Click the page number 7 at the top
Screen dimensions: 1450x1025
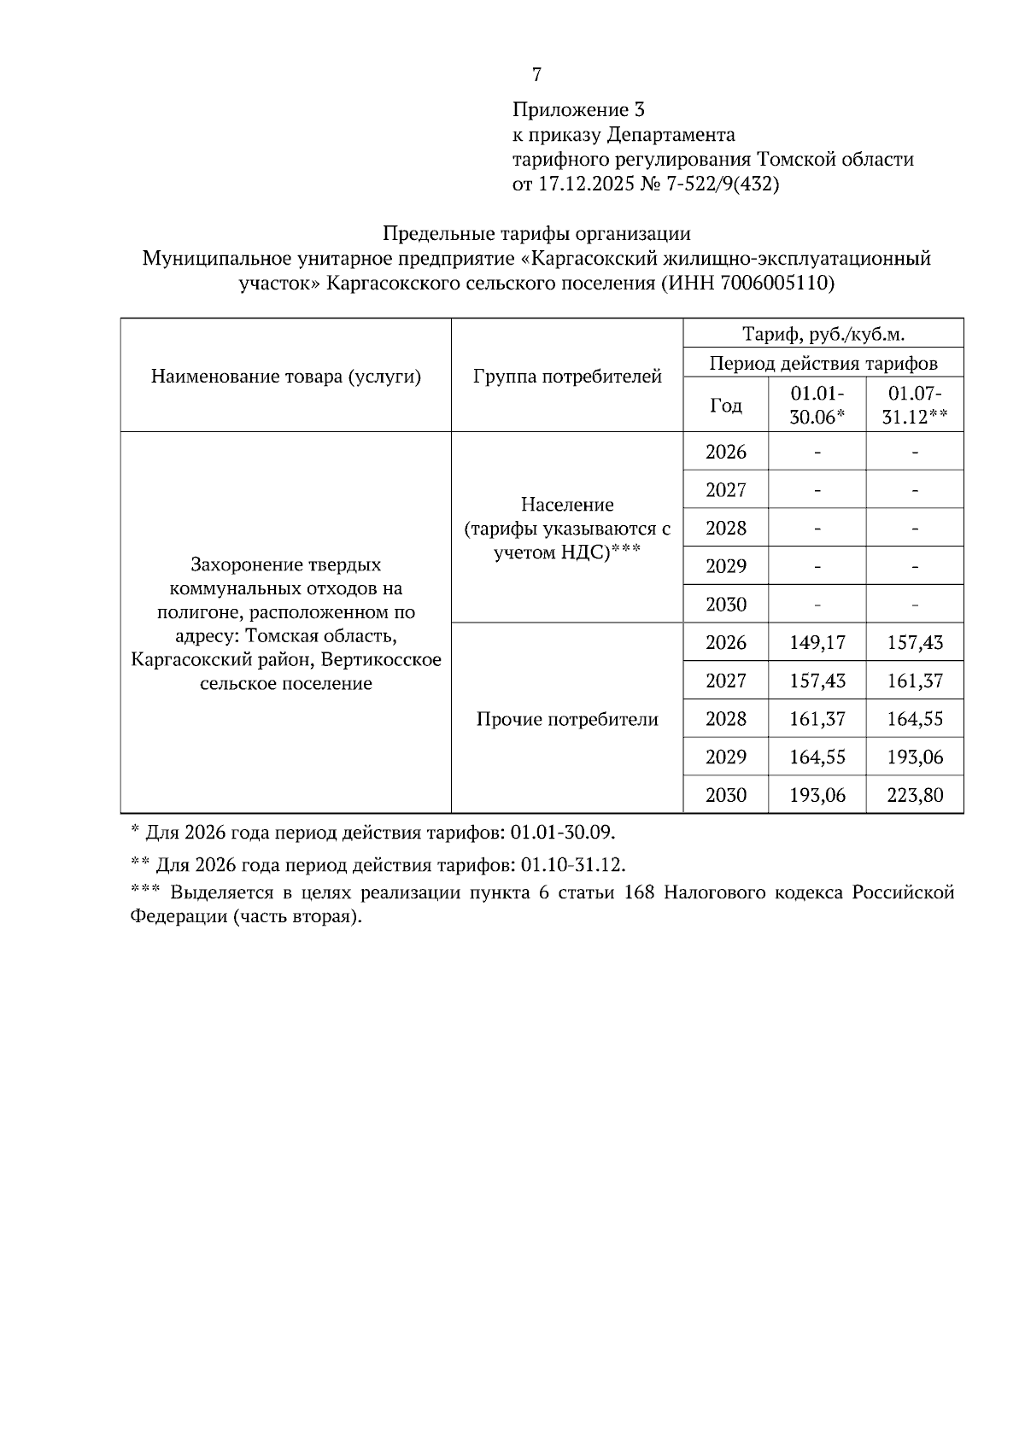click(x=536, y=75)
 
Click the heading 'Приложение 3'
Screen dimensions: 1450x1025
click(x=578, y=110)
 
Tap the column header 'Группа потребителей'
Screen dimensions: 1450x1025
click(x=567, y=377)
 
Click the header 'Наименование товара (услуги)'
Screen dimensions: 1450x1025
click(x=286, y=377)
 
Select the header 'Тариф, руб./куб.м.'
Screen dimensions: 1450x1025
click(x=823, y=334)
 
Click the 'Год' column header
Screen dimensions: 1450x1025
click(x=725, y=406)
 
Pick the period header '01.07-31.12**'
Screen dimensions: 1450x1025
click(x=915, y=406)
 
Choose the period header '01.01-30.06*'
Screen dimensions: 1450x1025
click(x=817, y=406)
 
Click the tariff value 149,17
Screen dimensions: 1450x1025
click(x=817, y=643)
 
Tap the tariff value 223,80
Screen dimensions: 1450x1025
click(x=915, y=796)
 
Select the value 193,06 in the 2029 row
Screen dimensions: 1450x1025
click(x=915, y=757)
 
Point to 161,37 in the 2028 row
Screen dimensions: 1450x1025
click(x=817, y=719)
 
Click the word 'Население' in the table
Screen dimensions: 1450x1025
click(x=567, y=505)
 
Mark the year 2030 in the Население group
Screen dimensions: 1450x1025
click(x=725, y=605)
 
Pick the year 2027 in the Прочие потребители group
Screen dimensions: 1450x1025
click(x=725, y=681)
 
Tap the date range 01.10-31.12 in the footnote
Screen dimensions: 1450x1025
click(x=572, y=865)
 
